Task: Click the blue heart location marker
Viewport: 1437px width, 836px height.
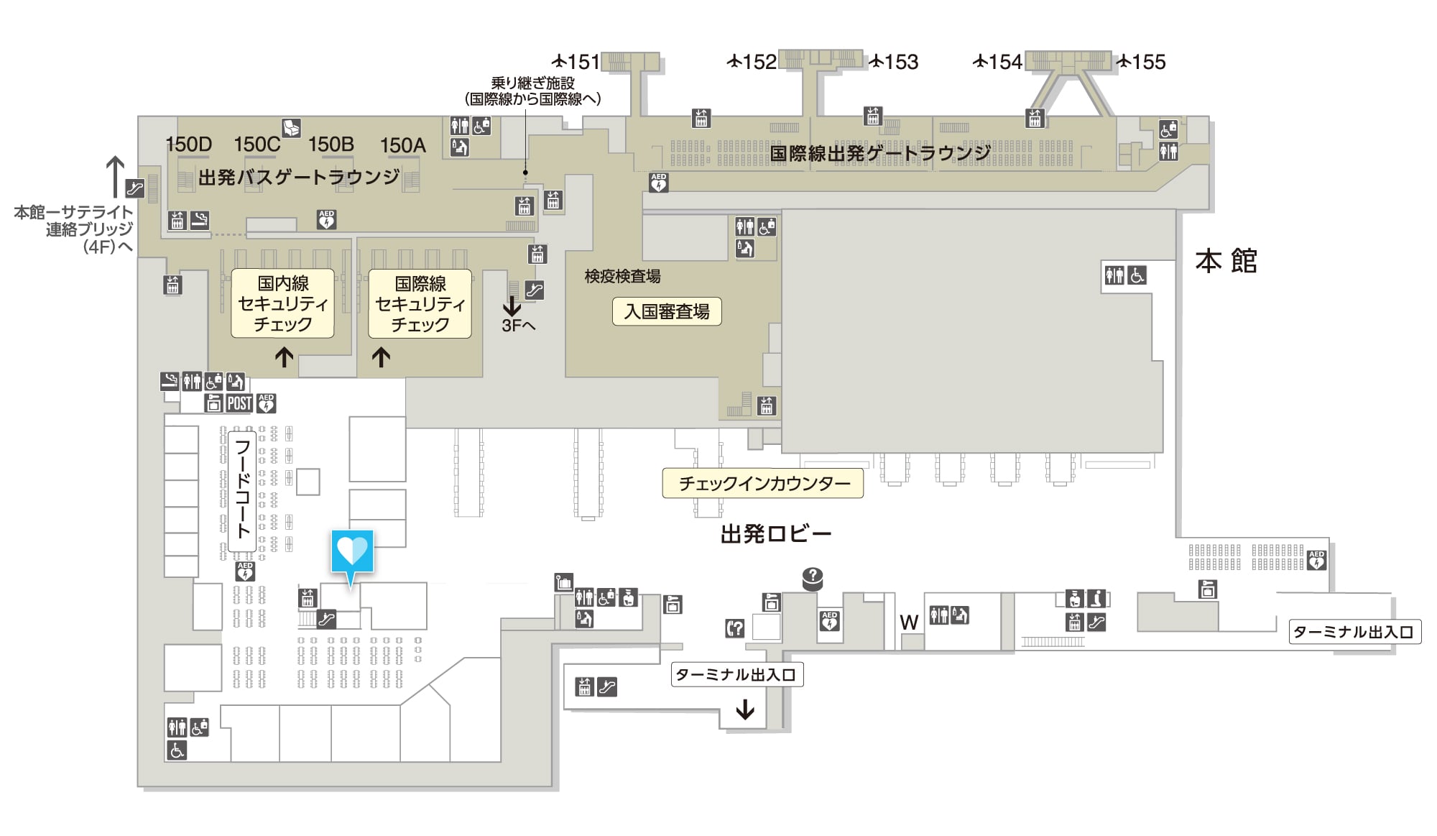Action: pyautogui.click(x=352, y=556)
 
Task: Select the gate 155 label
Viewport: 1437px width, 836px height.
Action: pyautogui.click(x=1141, y=62)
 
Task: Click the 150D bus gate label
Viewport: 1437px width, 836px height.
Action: pyautogui.click(x=189, y=144)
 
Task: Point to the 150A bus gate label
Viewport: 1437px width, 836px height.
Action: pyautogui.click(x=402, y=145)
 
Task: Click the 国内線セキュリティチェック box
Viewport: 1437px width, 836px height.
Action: pyautogui.click(x=282, y=303)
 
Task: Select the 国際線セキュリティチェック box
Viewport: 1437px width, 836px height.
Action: pyautogui.click(x=420, y=303)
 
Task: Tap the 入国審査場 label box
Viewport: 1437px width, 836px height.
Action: pyautogui.click(x=667, y=311)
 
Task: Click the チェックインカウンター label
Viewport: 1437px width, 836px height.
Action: pyautogui.click(x=763, y=483)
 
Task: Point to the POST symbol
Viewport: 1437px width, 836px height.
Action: pyautogui.click(x=239, y=403)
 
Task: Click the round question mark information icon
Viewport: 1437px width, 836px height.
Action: pyautogui.click(x=813, y=577)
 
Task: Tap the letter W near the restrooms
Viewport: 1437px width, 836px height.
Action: pyautogui.click(x=909, y=623)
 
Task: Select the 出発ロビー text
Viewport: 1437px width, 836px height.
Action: pyautogui.click(x=776, y=534)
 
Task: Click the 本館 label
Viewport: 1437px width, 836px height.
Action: pyautogui.click(x=1226, y=261)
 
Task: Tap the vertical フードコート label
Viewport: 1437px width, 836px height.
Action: pyautogui.click(x=243, y=491)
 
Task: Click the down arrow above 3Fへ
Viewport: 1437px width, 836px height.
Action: pyautogui.click(x=512, y=306)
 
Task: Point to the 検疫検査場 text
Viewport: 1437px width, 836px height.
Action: pyautogui.click(x=622, y=276)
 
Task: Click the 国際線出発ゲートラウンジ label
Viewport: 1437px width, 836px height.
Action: pyautogui.click(x=880, y=153)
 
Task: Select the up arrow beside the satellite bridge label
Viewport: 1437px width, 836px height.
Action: pyautogui.click(x=115, y=177)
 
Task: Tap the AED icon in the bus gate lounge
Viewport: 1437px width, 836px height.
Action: pyautogui.click(x=327, y=219)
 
